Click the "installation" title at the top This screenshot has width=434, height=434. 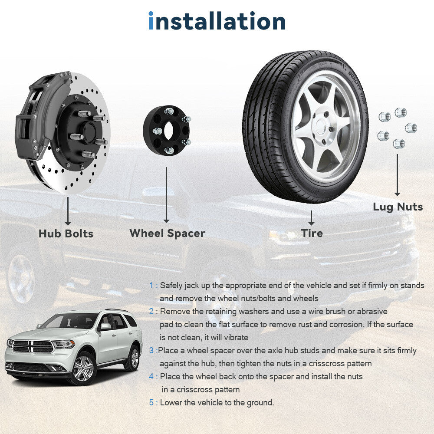[x=217, y=21]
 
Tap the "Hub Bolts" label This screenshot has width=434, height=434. [x=66, y=233]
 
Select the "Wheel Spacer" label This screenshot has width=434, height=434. [x=167, y=233]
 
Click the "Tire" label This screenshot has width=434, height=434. [x=312, y=233]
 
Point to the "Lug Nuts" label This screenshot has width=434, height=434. [x=398, y=207]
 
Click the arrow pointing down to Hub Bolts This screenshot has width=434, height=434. [x=68, y=211]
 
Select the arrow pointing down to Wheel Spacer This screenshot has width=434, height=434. [x=166, y=195]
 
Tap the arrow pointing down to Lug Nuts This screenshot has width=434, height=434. [x=397, y=175]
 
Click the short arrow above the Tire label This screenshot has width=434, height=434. [x=311, y=218]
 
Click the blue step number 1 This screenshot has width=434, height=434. [x=151, y=286]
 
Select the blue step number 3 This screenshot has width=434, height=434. [x=151, y=350]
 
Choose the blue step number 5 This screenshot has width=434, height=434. [x=151, y=402]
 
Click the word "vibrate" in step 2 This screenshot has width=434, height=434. [x=235, y=337]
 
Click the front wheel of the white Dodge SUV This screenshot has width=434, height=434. [x=83, y=368]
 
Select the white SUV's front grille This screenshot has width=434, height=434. [x=33, y=346]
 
